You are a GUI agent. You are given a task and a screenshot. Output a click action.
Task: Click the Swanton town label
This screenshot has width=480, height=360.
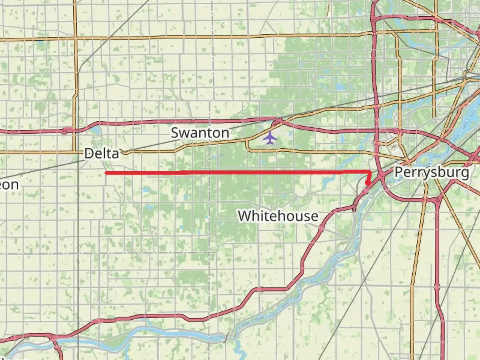point(200,133)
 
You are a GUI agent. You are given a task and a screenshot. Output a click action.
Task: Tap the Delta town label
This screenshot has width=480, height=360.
point(101,154)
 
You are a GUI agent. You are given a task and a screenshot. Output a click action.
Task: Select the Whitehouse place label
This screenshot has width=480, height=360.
point(278,216)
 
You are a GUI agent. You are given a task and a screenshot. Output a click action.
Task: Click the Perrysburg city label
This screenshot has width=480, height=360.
point(432,172)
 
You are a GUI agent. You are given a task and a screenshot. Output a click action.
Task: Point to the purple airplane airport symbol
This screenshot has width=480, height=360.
point(270,138)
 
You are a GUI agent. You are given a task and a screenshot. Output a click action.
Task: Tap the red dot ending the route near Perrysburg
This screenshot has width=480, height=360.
point(367,183)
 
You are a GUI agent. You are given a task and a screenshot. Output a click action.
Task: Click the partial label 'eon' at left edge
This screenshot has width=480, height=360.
point(9,185)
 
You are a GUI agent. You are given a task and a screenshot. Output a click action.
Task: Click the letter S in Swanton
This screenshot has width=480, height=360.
point(175,133)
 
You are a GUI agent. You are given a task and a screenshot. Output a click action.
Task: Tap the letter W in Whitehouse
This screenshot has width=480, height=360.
point(245,216)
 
